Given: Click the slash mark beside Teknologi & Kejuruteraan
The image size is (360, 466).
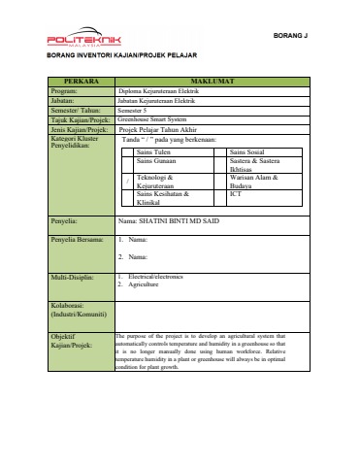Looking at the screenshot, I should (128, 183).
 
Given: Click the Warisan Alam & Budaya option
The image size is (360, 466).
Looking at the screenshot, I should (255, 182).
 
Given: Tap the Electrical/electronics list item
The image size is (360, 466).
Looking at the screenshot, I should (157, 277).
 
